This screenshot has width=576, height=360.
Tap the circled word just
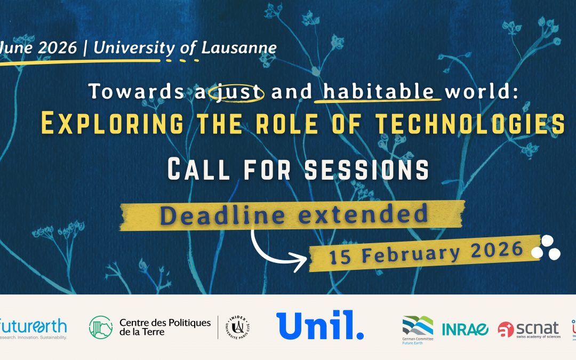(x=237, y=92)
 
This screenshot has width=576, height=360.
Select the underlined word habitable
(x=378, y=92)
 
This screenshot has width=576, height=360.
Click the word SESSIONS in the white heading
(x=366, y=170)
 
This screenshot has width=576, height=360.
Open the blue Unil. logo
(x=320, y=325)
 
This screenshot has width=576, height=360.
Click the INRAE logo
(x=465, y=330)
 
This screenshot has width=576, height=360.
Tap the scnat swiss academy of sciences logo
(x=529, y=329)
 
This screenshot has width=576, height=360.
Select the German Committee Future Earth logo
(x=418, y=328)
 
